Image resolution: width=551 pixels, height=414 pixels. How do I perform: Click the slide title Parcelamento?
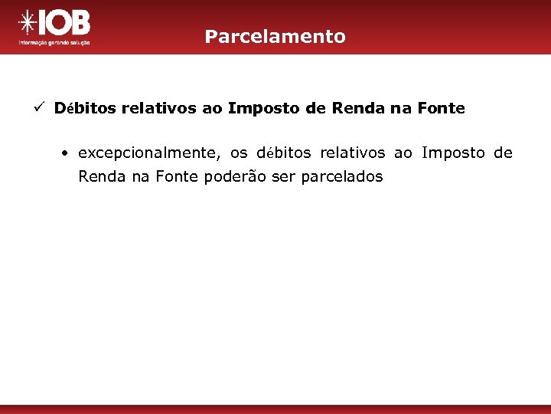tap(275, 36)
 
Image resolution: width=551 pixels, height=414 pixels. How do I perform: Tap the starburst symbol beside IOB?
tap(28, 23)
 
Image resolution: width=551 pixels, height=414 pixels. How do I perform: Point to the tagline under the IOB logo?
tap(54, 43)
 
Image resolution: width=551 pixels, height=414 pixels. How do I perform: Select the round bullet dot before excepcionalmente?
tap(67, 153)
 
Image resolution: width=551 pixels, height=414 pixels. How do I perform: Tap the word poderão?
tap(233, 177)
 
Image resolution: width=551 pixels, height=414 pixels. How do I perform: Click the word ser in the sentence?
tap(284, 177)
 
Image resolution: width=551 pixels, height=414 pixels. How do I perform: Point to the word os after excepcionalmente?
tap(239, 153)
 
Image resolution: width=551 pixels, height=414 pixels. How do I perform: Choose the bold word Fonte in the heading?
tap(441, 108)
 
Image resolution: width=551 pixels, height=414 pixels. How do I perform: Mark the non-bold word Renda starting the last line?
tap(98, 177)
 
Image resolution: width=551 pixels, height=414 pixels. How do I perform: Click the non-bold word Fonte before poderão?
tap(178, 177)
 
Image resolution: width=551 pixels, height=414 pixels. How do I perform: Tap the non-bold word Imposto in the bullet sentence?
tap(453, 153)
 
